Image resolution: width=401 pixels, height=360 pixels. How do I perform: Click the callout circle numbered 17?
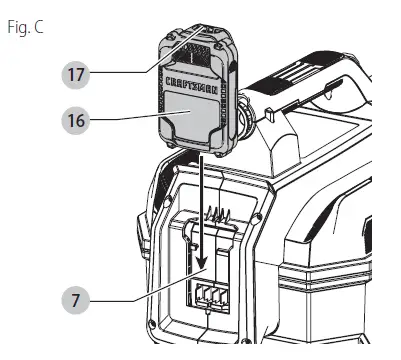[x=76, y=74]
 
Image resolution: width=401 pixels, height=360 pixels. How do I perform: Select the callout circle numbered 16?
[x=76, y=119]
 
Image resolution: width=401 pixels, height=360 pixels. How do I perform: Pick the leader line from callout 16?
[x=126, y=120]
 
